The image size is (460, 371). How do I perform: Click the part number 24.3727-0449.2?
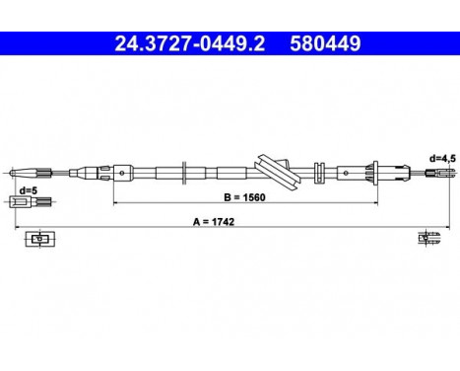click(186, 42)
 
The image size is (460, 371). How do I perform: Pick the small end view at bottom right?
click(426, 238)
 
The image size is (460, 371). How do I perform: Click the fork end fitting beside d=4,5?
click(434, 174)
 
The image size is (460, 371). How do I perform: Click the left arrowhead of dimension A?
click(16, 229)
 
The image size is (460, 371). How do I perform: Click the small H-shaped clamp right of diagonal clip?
click(318, 169)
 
